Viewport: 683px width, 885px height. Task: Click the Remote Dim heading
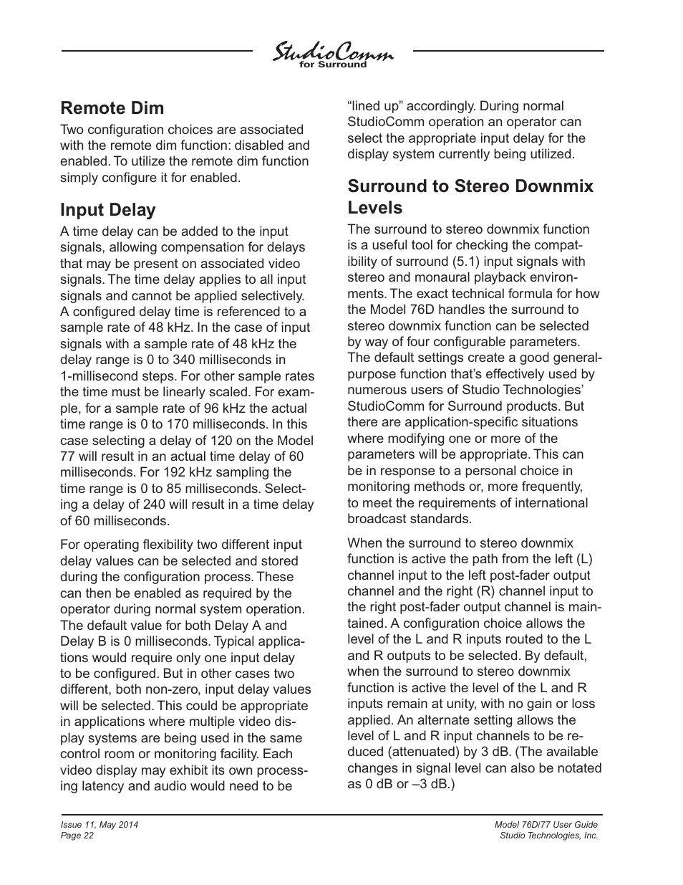coord(112,108)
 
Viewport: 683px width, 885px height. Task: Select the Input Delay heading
coord(107,210)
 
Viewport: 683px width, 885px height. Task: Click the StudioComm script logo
coord(332,53)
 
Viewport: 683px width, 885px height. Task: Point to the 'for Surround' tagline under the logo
coord(332,65)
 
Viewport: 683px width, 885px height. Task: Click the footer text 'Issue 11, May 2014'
coord(99,825)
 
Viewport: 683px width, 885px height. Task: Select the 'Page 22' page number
coord(77,836)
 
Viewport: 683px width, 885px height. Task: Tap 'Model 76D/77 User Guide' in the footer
coord(546,825)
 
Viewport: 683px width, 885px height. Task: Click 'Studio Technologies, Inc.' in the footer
coord(548,836)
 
